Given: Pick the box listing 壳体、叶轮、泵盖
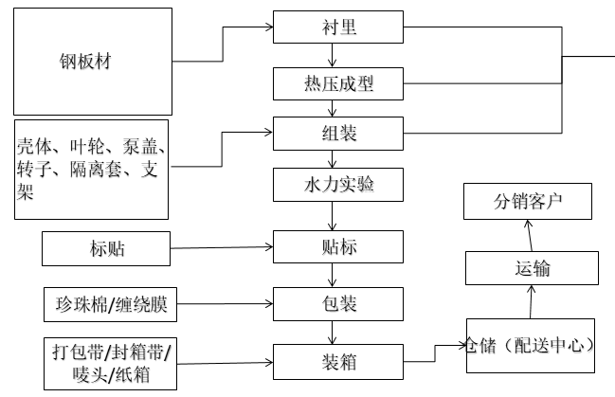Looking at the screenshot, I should pos(92,170).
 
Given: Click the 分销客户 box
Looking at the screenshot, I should pos(529,202).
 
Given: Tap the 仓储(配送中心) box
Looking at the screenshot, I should pos(531,345).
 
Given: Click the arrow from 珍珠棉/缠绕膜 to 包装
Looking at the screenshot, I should pos(226,305).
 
